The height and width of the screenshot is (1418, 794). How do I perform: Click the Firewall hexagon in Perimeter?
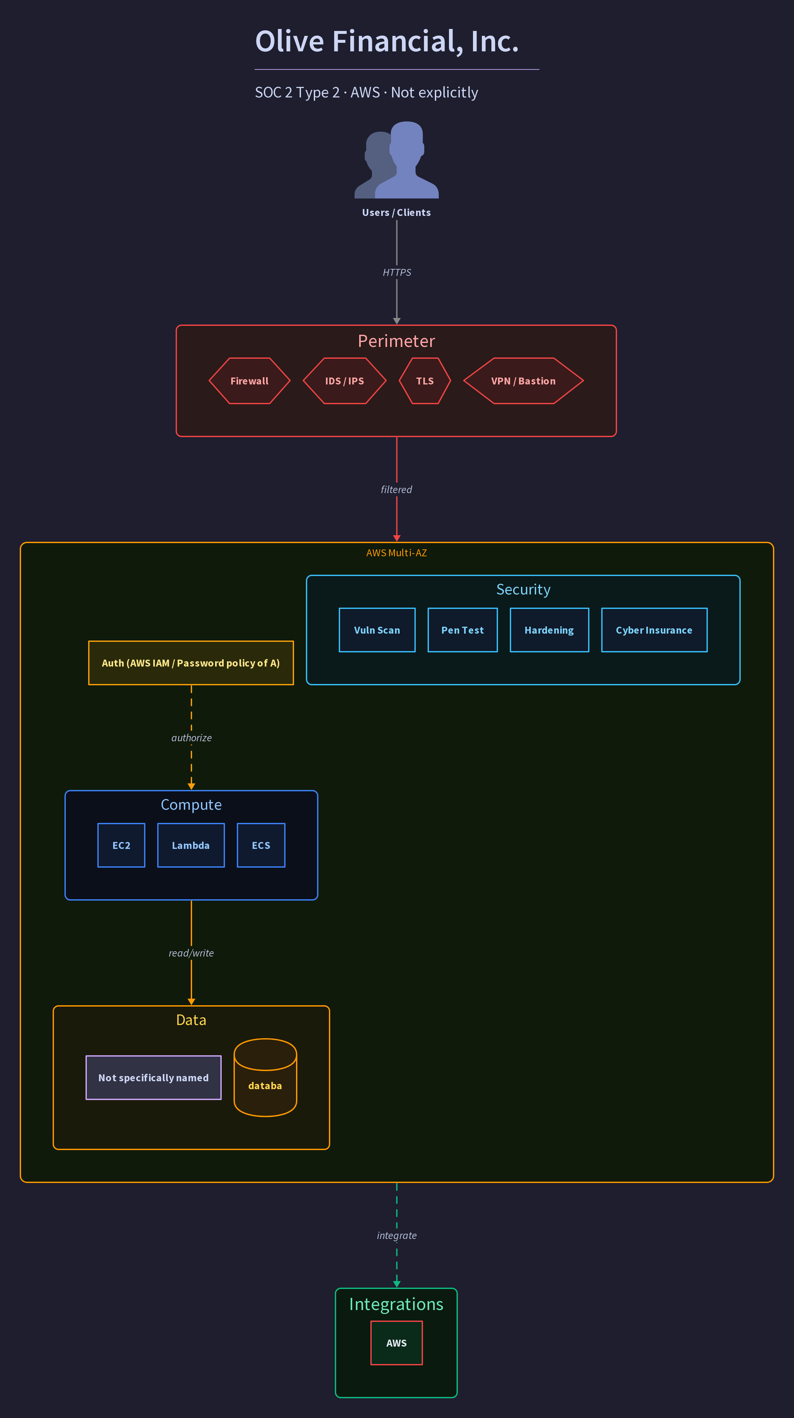(249, 381)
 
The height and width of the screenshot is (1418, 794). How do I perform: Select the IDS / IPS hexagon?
(344, 381)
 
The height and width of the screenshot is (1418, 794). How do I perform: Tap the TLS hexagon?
(425, 381)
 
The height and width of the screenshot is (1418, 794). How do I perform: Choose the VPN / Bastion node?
(523, 381)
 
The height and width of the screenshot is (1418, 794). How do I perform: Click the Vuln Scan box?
(377, 630)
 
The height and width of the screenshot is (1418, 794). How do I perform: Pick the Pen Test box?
(462, 630)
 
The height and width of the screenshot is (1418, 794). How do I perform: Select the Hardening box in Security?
(549, 630)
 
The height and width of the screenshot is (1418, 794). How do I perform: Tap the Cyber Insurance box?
(654, 630)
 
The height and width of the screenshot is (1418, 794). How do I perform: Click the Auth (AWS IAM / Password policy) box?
(191, 663)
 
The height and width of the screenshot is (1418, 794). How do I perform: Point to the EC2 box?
(121, 845)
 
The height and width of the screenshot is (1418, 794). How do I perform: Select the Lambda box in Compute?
(191, 845)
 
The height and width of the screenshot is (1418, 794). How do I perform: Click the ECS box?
(261, 845)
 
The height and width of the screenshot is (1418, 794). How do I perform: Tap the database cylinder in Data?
(265, 1077)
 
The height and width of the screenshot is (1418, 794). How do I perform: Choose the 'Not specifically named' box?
(154, 1077)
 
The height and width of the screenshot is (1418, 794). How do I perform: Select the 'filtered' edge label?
(396, 489)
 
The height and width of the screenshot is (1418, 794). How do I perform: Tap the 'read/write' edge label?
(191, 953)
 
